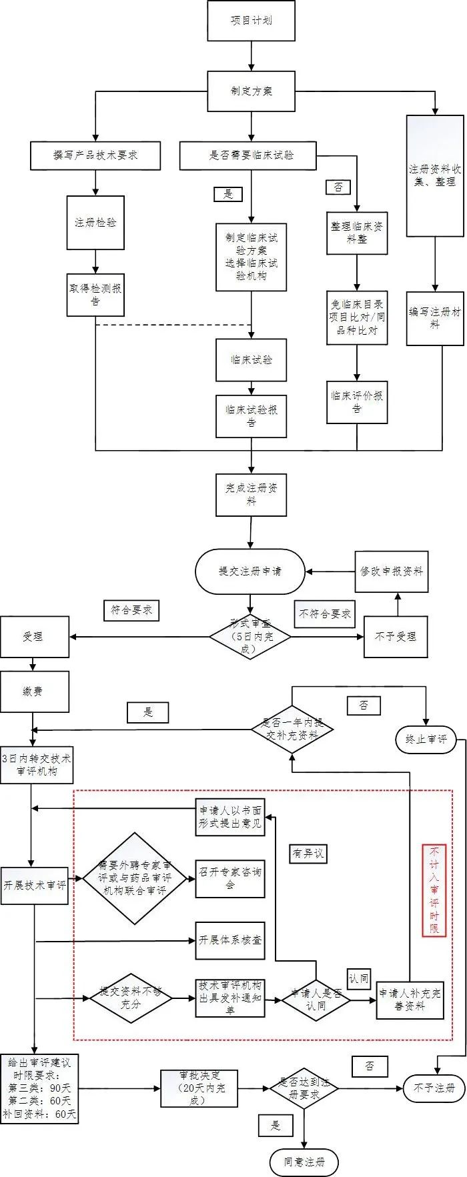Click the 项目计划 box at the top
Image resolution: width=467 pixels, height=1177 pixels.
pyautogui.click(x=251, y=21)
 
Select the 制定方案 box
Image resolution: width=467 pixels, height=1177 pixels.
pyautogui.click(x=251, y=91)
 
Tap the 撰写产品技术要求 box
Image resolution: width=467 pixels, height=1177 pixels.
pyautogui.click(x=95, y=155)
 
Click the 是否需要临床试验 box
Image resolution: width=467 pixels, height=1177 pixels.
pyautogui.click(x=248, y=155)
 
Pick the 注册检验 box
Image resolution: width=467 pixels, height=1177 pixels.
pyautogui.click(x=95, y=223)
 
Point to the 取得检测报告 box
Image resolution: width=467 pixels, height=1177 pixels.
pyautogui.click(x=95, y=295)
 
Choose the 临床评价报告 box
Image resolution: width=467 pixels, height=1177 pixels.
pyautogui.click(x=357, y=402)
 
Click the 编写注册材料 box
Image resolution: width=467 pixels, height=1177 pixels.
pyautogui.click(x=435, y=317)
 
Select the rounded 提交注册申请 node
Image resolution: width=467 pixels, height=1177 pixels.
pyautogui.click(x=250, y=571)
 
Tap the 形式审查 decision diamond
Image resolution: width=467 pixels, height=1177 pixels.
pyautogui.click(x=250, y=637)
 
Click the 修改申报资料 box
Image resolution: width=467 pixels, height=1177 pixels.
pyautogui.click(x=391, y=571)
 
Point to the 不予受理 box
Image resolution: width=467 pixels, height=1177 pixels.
pyautogui.click(x=395, y=637)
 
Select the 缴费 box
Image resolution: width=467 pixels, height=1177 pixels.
pyautogui.click(x=34, y=692)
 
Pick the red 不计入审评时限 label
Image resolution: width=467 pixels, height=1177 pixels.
pyautogui.click(x=434, y=890)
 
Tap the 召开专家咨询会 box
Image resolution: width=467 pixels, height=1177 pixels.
pyautogui.click(x=230, y=878)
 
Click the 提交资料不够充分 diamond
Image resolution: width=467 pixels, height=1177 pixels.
pyautogui.click(x=131, y=998)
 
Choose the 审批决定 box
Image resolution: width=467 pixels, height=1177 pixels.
pyautogui.click(x=199, y=1088)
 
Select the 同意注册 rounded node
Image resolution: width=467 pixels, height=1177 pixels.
pyautogui.click(x=304, y=1162)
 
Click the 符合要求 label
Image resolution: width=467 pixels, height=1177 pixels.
pyautogui.click(x=131, y=610)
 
